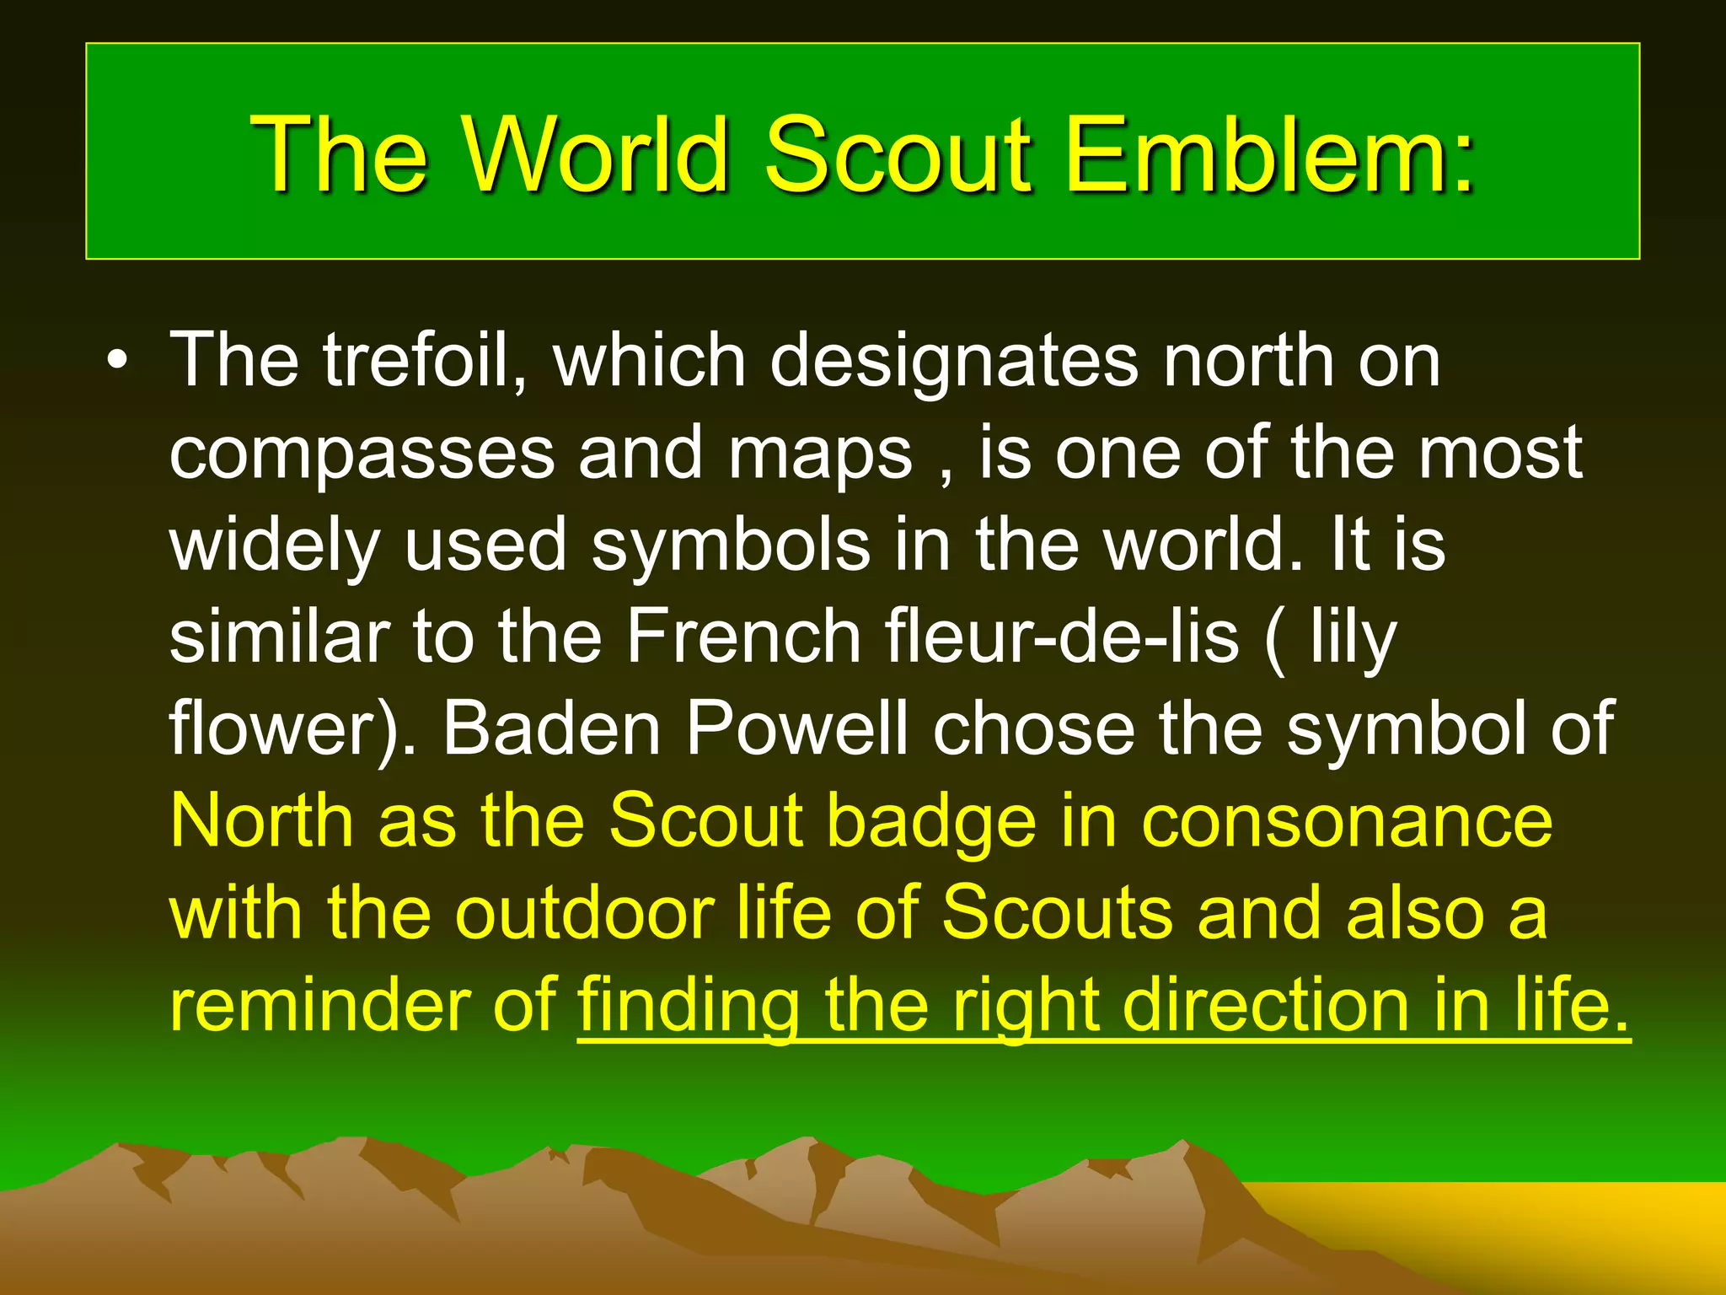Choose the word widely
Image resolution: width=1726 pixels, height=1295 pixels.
(x=275, y=546)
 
